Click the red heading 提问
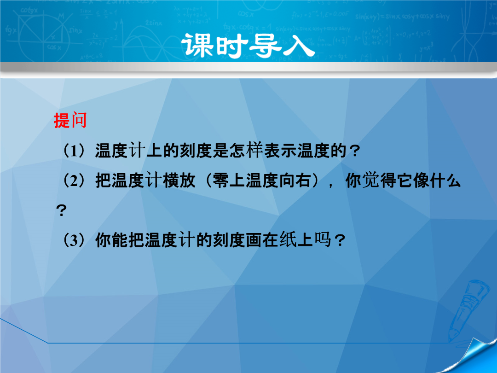pyautogui.click(x=70, y=120)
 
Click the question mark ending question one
pyautogui.click(x=354, y=151)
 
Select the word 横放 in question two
pyautogui.click(x=179, y=181)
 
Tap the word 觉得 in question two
pyautogui.click(x=379, y=181)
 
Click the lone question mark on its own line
pyautogui.click(x=61, y=210)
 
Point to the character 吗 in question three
pyautogui.click(x=322, y=240)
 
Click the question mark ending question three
pyautogui.click(x=339, y=240)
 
